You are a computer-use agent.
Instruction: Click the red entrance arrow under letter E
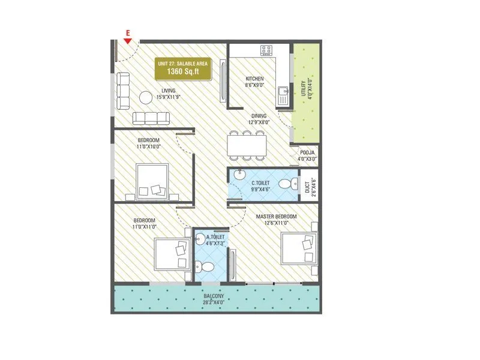click(x=127, y=41)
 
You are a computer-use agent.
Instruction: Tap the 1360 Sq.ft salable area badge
click(x=184, y=69)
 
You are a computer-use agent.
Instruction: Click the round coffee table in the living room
click(x=146, y=97)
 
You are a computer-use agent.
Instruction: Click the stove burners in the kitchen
click(x=266, y=50)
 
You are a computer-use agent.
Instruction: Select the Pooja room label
click(x=307, y=156)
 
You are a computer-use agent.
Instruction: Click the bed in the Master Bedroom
click(x=298, y=248)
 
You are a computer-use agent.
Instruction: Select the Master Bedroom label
click(x=276, y=219)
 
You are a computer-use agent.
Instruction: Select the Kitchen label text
click(x=254, y=82)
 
